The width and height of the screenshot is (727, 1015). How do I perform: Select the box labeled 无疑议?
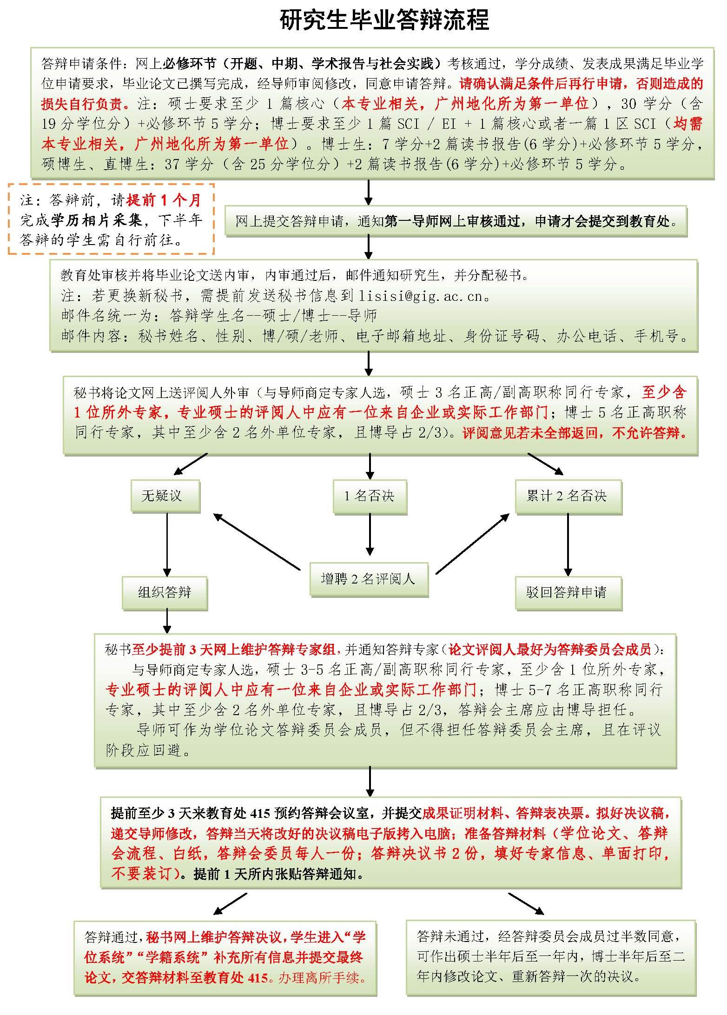pyautogui.click(x=161, y=496)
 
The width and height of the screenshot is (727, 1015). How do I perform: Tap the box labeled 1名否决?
pyautogui.click(x=369, y=496)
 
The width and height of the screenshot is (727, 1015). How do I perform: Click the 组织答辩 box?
pyautogui.click(x=165, y=592)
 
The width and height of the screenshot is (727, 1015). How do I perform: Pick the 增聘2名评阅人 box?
pyautogui.click(x=368, y=579)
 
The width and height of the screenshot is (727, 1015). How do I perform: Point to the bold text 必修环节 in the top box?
pyautogui.click(x=185, y=64)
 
